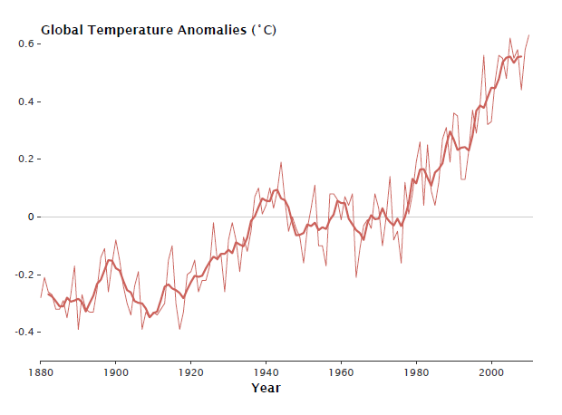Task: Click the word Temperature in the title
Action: (x=124, y=30)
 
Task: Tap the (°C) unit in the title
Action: (x=264, y=30)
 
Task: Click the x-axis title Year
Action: (x=266, y=388)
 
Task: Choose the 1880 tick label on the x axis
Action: (x=41, y=372)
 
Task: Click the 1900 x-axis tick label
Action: (x=116, y=372)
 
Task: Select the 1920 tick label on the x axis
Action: (x=191, y=372)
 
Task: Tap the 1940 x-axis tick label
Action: (x=266, y=372)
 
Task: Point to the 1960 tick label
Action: (x=342, y=372)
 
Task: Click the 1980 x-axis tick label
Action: (x=417, y=372)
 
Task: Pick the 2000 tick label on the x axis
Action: (x=492, y=372)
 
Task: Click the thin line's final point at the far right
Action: (x=529, y=35)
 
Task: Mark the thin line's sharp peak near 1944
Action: (x=281, y=163)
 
